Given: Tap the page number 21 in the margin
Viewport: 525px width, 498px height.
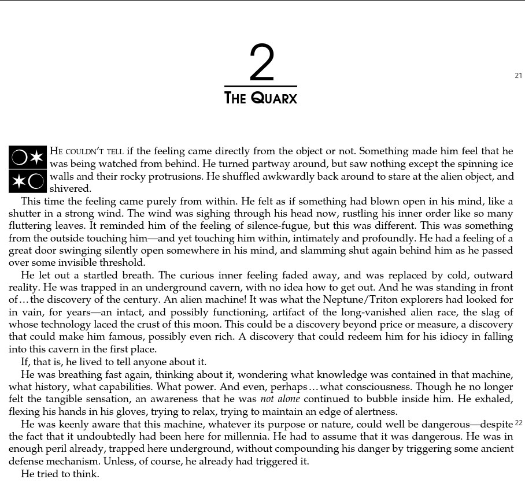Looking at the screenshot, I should point(518,76).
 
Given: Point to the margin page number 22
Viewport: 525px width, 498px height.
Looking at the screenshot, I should point(518,423).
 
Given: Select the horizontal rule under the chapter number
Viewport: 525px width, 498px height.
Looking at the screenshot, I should point(261,86).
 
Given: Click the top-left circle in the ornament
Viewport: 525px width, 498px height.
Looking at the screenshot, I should point(19,157).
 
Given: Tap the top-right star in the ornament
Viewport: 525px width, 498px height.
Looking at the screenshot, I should point(36,157).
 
